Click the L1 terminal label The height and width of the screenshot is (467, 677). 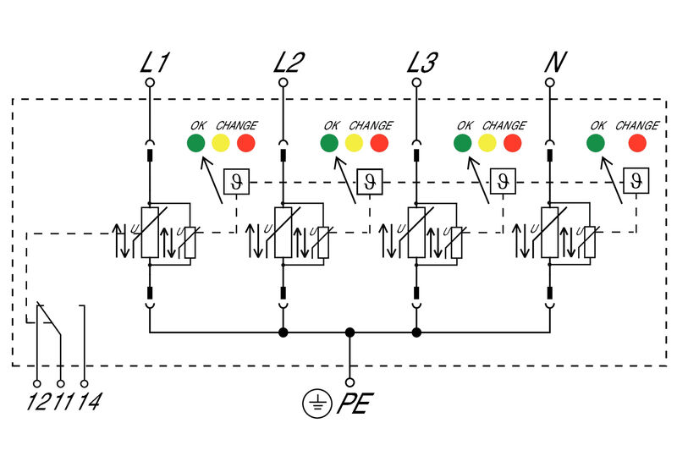click(154, 63)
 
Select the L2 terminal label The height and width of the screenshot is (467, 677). click(290, 63)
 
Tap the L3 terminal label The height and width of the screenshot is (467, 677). click(423, 63)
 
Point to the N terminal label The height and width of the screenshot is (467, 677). click(554, 63)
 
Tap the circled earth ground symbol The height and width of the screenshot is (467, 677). click(316, 404)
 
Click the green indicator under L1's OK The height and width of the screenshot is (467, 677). click(196, 143)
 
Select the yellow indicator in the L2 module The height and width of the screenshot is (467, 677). click(354, 143)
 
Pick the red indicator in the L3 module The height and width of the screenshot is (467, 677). click(513, 143)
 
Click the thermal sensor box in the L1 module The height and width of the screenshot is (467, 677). click(235, 180)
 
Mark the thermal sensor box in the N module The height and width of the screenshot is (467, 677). click(636, 180)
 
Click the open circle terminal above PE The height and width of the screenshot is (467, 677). click(350, 382)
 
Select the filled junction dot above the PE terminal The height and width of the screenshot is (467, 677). click(350, 332)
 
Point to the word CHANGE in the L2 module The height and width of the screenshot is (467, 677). click(371, 125)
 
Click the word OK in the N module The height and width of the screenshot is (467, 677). click(597, 125)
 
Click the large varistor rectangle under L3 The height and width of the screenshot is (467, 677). click(416, 233)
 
